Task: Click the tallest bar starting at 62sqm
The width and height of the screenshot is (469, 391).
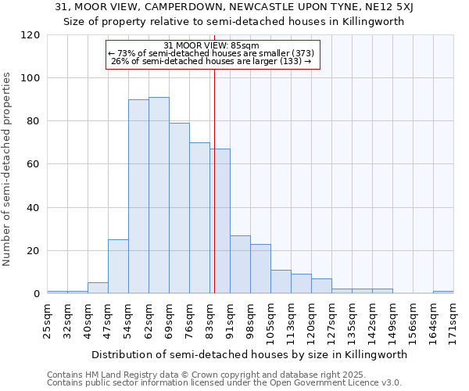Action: [159, 195]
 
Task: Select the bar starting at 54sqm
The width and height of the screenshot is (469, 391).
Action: [138, 196]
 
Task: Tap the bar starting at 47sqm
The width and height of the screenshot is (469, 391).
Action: [118, 266]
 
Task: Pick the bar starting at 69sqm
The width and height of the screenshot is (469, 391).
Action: [179, 208]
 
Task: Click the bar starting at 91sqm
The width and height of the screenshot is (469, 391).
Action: [240, 264]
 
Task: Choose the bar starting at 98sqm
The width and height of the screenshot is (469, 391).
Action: [260, 268]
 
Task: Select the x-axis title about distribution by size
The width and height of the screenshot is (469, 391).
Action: [249, 354]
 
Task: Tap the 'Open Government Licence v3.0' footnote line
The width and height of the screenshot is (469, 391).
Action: [224, 382]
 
